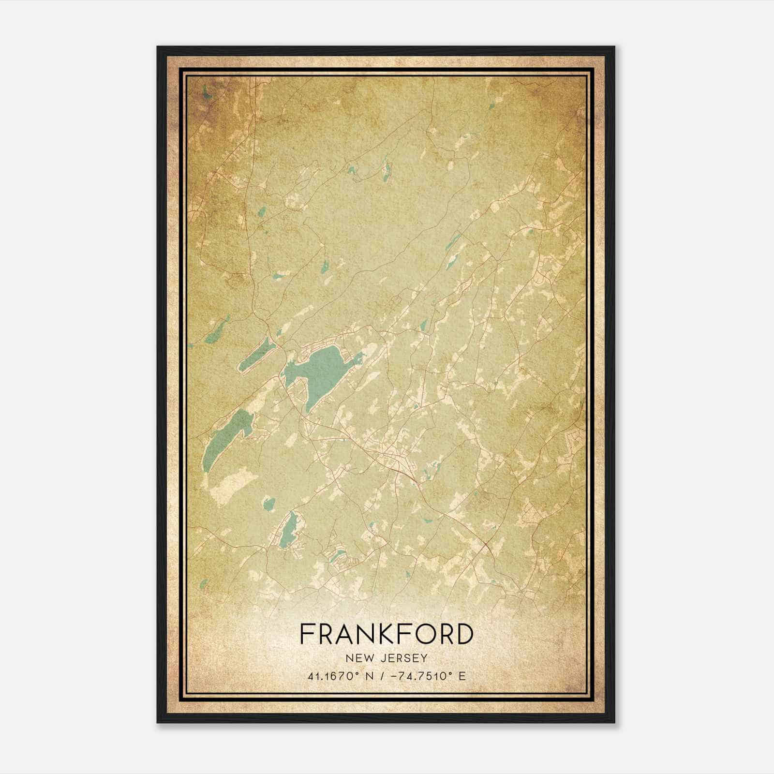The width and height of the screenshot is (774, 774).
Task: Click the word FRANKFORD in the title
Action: [386, 634]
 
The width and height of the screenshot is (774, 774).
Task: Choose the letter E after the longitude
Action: [462, 676]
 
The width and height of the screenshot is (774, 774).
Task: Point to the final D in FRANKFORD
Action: [463, 634]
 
